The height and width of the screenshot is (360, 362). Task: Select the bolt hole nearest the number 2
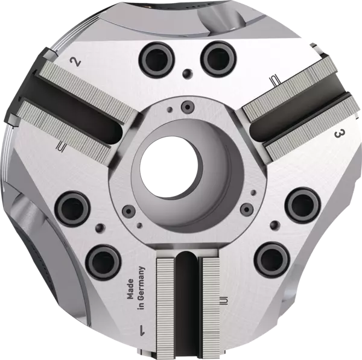click(150, 58)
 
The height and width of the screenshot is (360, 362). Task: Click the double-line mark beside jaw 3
click(275, 79)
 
